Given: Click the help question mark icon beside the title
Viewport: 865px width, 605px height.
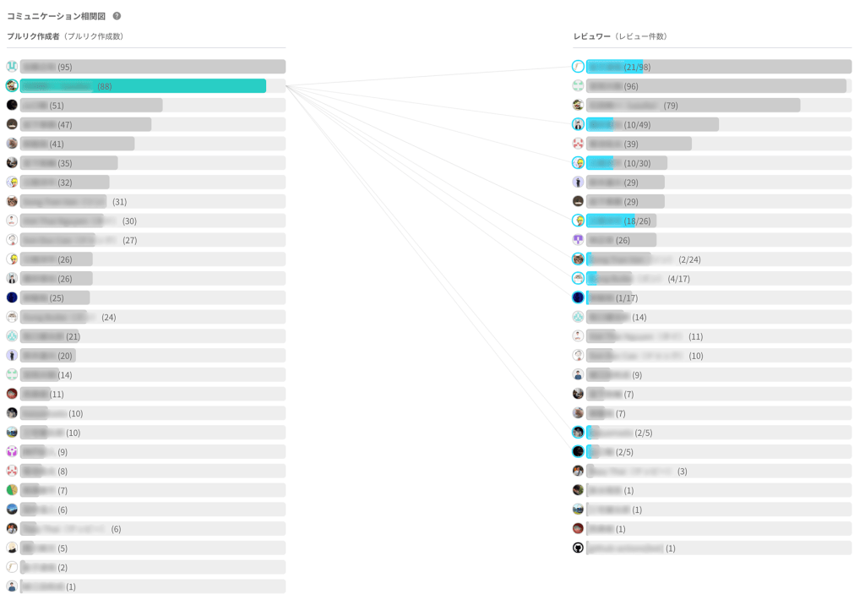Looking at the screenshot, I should [117, 16].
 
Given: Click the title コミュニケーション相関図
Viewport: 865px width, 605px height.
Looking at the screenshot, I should [56, 16].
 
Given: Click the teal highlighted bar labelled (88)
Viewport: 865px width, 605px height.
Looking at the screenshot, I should [143, 86].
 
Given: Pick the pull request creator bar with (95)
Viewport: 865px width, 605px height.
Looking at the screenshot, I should [152, 67].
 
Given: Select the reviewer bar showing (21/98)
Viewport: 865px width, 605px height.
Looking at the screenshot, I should [718, 67].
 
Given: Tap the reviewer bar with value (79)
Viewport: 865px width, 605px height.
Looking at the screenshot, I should [693, 106].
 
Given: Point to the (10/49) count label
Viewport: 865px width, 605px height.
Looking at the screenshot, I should [637, 125].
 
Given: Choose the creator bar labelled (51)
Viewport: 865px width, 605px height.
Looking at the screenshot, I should [91, 106].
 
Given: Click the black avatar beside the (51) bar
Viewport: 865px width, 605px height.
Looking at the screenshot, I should [12, 106].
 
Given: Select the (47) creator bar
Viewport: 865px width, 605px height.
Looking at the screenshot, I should [85, 125].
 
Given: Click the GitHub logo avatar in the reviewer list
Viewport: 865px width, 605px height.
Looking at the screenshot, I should [578, 548].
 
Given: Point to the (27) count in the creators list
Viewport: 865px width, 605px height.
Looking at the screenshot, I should [129, 241].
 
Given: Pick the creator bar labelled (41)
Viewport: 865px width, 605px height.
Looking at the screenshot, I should [77, 144].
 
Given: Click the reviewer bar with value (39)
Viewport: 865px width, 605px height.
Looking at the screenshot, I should [639, 144].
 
